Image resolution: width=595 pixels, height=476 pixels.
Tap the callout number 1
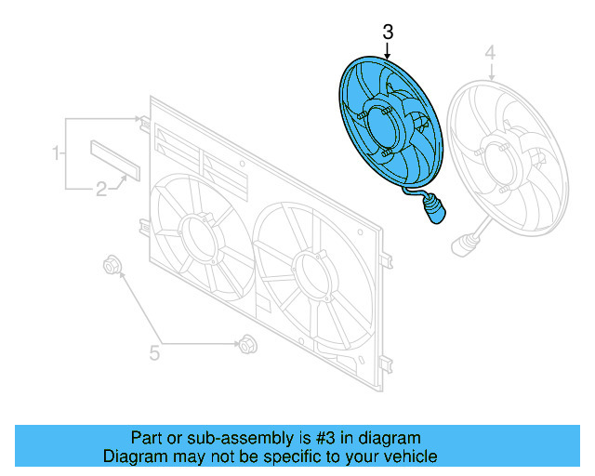click(57, 152)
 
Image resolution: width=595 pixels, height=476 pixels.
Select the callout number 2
click(101, 192)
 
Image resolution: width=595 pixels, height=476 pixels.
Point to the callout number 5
click(155, 352)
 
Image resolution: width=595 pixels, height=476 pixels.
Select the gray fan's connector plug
click(461, 245)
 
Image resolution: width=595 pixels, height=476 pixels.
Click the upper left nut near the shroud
click(112, 267)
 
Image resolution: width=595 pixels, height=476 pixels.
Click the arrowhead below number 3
click(388, 58)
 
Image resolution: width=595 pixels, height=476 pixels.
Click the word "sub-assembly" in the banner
click(234, 437)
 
